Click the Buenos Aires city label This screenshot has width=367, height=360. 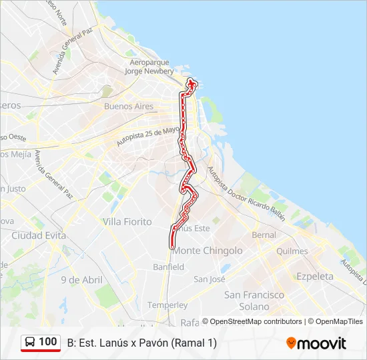129,106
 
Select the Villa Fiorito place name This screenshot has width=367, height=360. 127,221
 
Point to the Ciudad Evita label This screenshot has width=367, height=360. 37,235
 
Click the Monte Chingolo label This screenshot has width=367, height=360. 208,251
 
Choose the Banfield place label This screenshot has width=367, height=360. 168,267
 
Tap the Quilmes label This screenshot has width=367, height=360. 292,251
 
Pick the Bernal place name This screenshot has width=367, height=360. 264,235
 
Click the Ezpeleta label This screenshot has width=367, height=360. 315,276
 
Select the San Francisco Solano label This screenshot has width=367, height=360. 254,300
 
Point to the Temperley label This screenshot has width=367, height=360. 167,305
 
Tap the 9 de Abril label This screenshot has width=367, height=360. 81,280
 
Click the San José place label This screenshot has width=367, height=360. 210,279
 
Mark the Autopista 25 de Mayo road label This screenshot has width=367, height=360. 148,137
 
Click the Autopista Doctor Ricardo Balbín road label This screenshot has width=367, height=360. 246,194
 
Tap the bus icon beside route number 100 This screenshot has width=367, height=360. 30,342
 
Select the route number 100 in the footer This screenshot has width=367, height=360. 47,342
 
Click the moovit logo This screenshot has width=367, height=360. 316,343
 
